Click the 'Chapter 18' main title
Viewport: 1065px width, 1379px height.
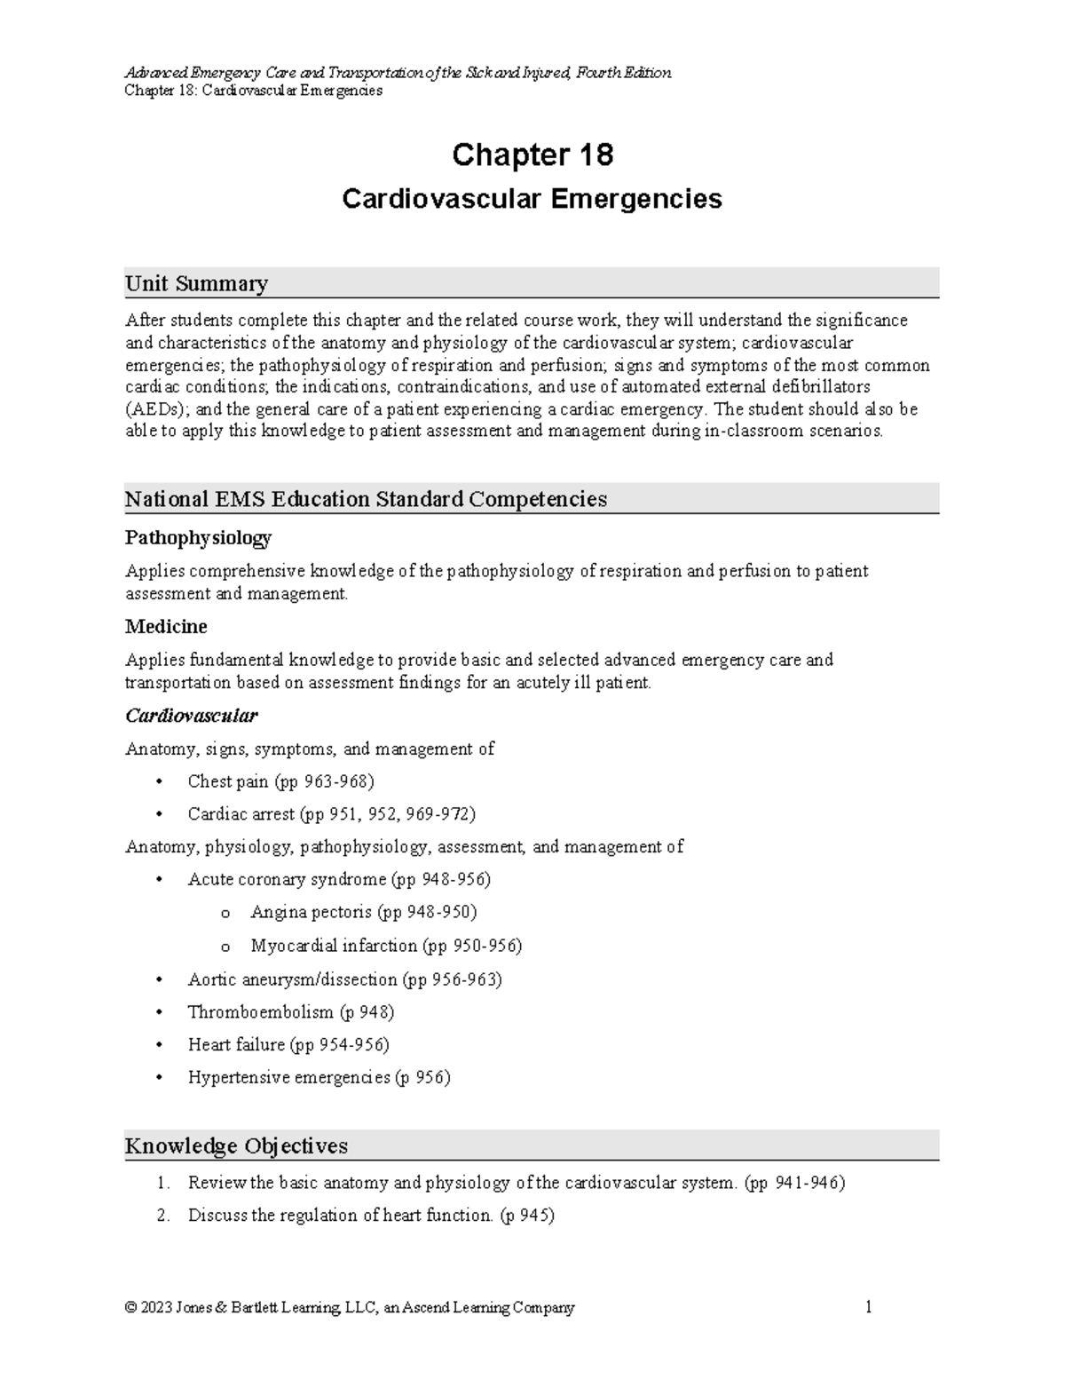point(532,155)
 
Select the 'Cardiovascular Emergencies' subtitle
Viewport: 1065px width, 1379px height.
point(532,199)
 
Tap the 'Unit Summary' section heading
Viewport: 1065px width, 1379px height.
point(196,284)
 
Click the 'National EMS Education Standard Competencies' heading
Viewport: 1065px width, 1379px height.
point(366,499)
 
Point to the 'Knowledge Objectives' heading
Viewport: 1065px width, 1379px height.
point(236,1146)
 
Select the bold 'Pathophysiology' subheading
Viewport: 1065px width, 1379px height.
point(198,538)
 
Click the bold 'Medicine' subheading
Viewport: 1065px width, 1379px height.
point(166,627)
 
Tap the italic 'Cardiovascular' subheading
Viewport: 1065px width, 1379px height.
point(191,716)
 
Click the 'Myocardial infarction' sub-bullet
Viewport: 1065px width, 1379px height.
point(334,946)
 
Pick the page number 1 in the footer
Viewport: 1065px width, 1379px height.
point(869,1307)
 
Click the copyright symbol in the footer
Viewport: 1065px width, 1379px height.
point(131,1308)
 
